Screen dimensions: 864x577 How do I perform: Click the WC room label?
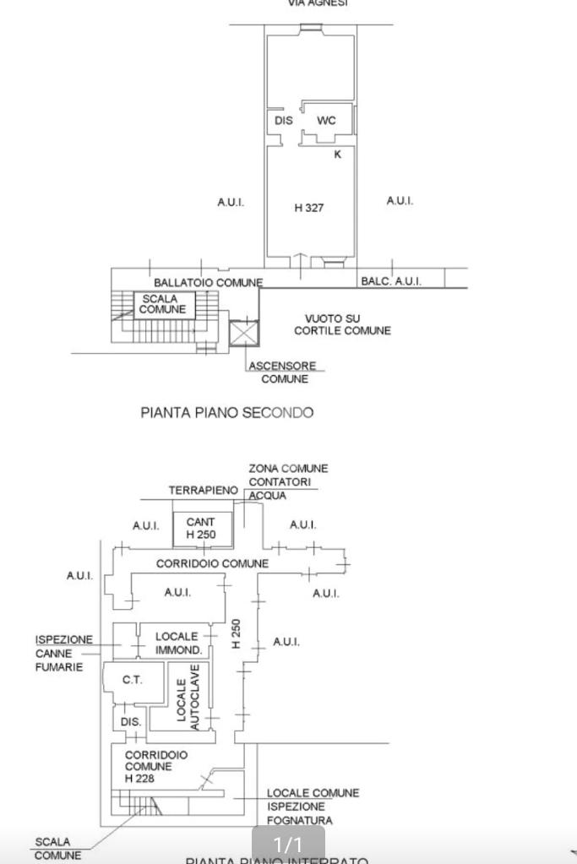pyautogui.click(x=326, y=121)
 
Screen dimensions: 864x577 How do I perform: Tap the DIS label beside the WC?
pyautogui.click(x=284, y=121)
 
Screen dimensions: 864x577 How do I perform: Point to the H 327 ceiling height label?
pyautogui.click(x=308, y=208)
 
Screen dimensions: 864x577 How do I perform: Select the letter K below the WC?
pyautogui.click(x=338, y=155)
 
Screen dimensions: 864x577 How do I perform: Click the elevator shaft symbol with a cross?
pyautogui.click(x=243, y=334)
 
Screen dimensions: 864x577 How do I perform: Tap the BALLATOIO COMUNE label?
pyautogui.click(x=208, y=282)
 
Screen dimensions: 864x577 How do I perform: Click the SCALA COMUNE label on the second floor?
pyautogui.click(x=162, y=305)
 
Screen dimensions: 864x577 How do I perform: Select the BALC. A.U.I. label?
pyautogui.click(x=390, y=281)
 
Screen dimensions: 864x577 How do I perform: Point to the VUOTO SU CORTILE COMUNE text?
pyautogui.click(x=342, y=324)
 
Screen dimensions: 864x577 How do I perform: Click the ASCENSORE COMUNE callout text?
pyautogui.click(x=283, y=372)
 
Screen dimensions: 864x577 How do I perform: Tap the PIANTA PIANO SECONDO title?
pyautogui.click(x=226, y=413)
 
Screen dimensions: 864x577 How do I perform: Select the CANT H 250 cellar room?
pyautogui.click(x=201, y=529)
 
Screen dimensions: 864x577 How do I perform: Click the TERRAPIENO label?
pyautogui.click(x=203, y=491)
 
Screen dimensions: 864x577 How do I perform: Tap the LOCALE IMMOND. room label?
pyautogui.click(x=177, y=644)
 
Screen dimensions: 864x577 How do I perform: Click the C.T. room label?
pyautogui.click(x=132, y=680)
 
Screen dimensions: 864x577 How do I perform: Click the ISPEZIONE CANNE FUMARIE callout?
pyautogui.click(x=64, y=654)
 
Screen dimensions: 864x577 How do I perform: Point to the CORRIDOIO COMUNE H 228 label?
pyautogui.click(x=155, y=766)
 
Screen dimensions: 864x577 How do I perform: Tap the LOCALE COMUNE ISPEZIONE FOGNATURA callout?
pyautogui.click(x=313, y=807)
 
